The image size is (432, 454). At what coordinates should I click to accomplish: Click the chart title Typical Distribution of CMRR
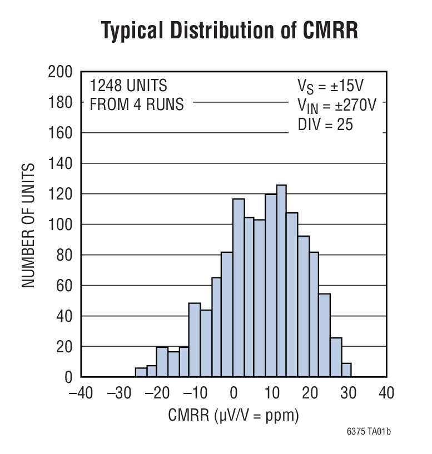pos(229,31)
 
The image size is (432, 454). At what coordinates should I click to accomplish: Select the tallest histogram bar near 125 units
pos(281,281)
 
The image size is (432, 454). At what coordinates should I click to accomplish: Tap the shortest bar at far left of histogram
pos(140,372)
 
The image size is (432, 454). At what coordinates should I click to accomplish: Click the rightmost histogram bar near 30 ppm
pos(346,370)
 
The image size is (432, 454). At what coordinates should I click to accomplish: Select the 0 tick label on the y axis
pos(68,377)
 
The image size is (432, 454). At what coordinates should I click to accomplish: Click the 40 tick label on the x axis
pos(385,393)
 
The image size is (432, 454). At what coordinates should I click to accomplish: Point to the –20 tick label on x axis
pos(157,393)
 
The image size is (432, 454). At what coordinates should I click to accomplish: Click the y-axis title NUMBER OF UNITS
pos(29,224)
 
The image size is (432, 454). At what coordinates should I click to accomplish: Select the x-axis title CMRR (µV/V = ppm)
pos(234,416)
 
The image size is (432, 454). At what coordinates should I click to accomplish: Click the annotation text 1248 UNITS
pos(128,86)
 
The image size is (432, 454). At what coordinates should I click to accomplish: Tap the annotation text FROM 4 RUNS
pos(137,104)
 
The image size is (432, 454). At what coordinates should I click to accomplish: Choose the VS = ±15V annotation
pos(331,87)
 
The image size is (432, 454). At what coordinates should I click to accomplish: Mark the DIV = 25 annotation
pos(325,124)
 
